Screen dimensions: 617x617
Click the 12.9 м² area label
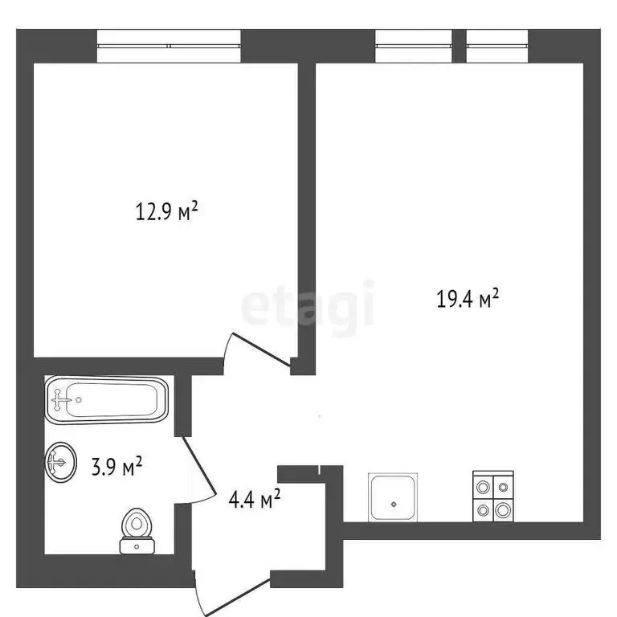(166, 213)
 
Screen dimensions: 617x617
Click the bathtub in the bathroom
(107, 399)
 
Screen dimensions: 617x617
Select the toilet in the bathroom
(137, 531)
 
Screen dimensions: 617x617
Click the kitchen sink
(394, 496)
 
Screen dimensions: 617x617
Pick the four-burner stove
(492, 496)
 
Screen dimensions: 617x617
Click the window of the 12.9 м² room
(169, 45)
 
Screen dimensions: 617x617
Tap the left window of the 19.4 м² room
(414, 45)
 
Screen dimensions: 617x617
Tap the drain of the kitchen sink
(394, 505)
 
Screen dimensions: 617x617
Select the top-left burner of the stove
(483, 486)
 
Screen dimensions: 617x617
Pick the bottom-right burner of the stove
(502, 508)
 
